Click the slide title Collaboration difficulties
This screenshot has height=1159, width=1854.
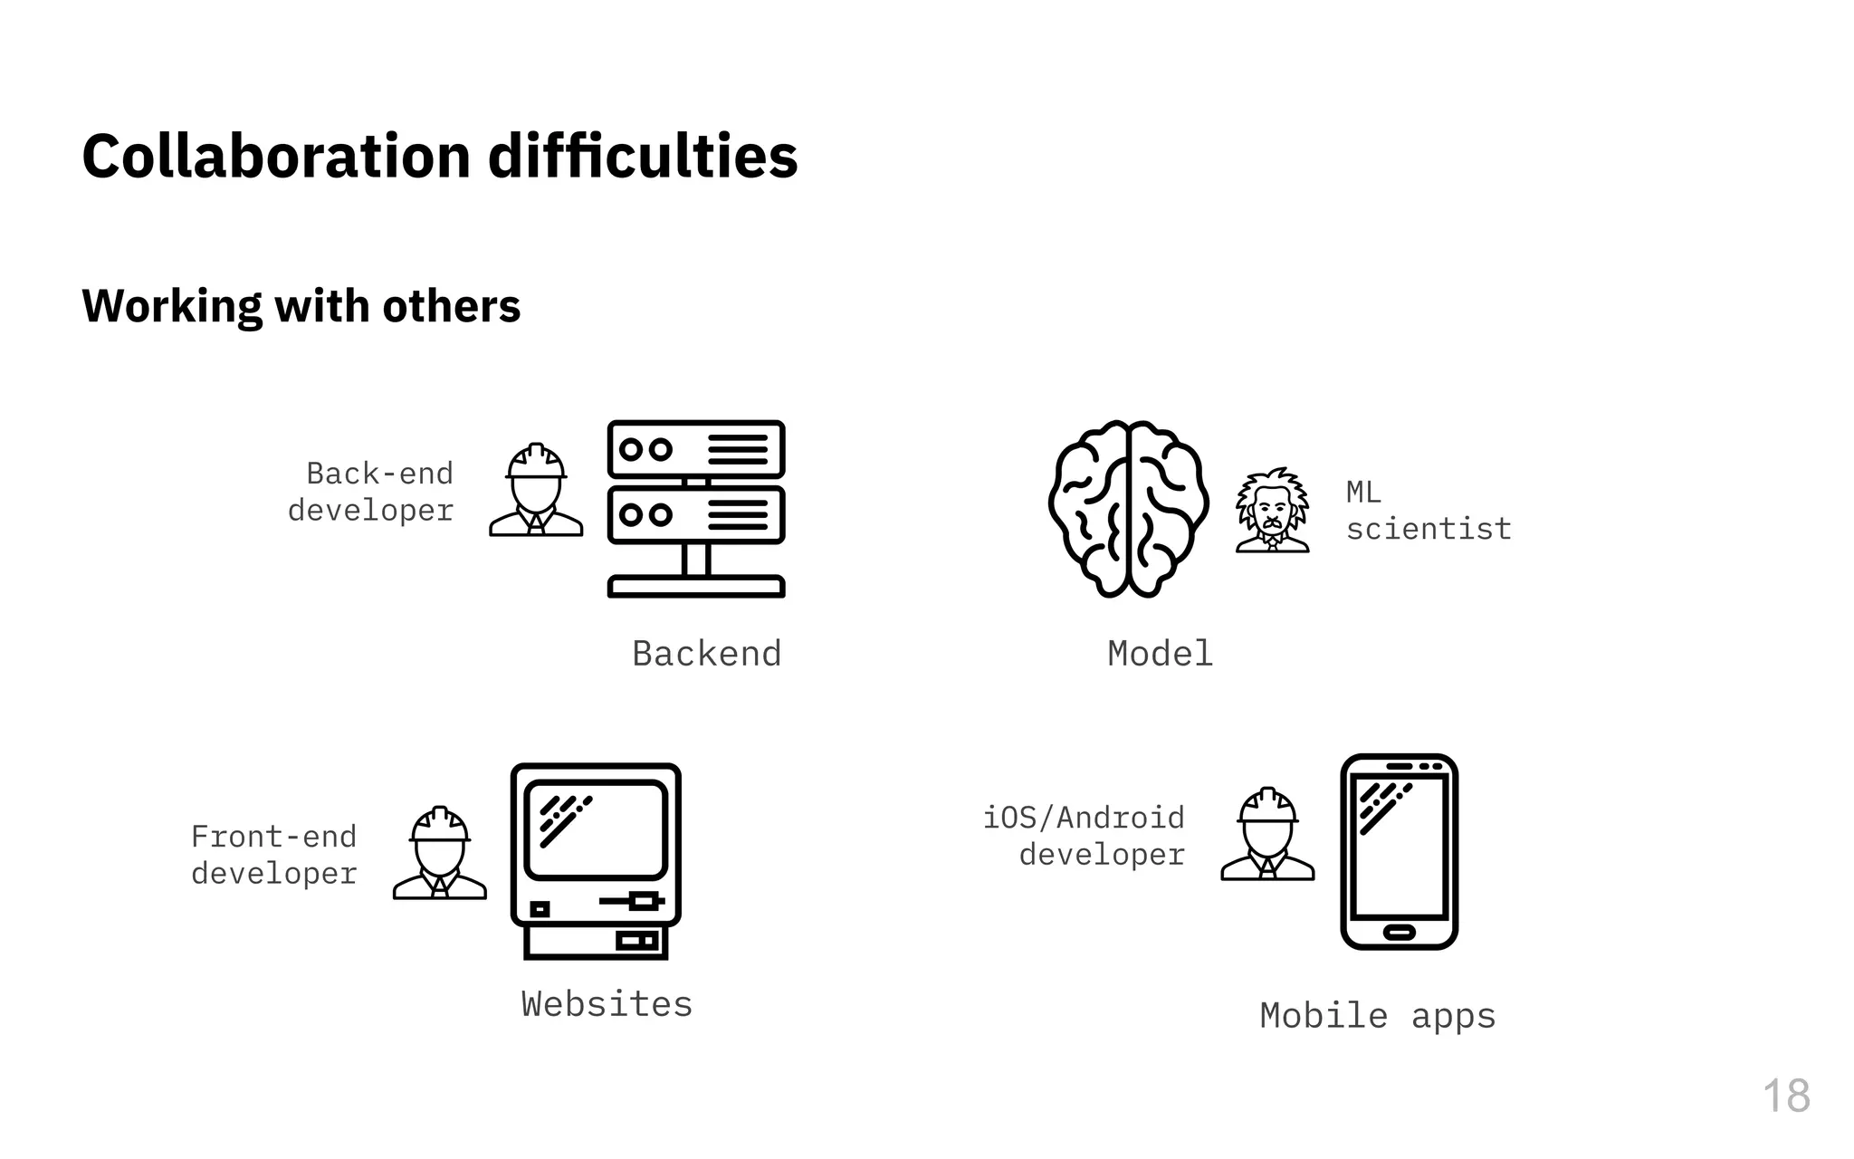(x=440, y=156)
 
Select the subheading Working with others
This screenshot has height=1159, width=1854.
(x=301, y=305)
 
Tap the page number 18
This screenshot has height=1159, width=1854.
(x=1785, y=1097)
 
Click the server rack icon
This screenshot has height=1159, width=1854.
(x=696, y=508)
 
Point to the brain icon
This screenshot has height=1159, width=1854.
(x=1128, y=508)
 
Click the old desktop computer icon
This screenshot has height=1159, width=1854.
(x=596, y=860)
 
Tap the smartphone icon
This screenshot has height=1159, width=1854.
(x=1399, y=851)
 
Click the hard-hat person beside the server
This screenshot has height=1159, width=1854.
(x=536, y=490)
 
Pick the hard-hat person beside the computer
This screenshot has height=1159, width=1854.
(x=440, y=853)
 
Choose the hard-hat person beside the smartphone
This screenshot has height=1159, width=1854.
(x=1267, y=834)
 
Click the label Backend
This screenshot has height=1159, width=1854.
(x=706, y=654)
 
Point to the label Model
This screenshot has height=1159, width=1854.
(x=1160, y=654)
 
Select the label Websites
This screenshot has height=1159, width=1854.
(x=607, y=1004)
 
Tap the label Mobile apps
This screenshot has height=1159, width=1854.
(x=1377, y=1016)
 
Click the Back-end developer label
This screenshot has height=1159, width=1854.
(x=371, y=492)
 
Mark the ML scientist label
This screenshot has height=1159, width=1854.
(x=1428, y=511)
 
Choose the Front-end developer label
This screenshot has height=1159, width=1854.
(x=274, y=855)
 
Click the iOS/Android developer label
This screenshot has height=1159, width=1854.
(x=1085, y=836)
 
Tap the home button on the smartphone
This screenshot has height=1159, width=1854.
(x=1399, y=932)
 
